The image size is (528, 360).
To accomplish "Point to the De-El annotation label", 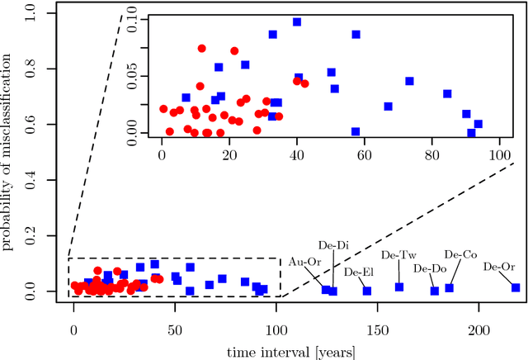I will [x=358, y=271].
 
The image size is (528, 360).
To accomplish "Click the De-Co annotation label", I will [x=460, y=255].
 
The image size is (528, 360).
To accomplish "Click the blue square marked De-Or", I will [x=516, y=287].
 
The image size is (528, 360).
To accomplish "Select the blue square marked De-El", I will [x=367, y=291].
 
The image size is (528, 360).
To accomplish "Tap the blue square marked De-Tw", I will [x=399, y=287].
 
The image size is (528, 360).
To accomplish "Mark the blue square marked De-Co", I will [x=450, y=287].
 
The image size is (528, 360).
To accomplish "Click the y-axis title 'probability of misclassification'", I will [x=10, y=153].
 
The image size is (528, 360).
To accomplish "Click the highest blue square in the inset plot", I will [x=297, y=22].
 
